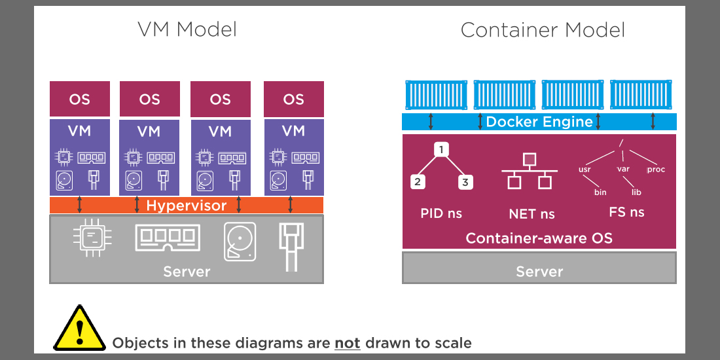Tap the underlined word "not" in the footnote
click(347, 343)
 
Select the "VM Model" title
click(187, 29)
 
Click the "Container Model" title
click(543, 30)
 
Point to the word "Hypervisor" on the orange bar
click(187, 206)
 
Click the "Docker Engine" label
click(539, 122)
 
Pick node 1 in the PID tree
click(442, 150)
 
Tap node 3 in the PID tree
click(465, 182)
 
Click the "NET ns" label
click(531, 213)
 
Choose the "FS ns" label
click(626, 212)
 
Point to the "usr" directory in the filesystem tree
click(585, 170)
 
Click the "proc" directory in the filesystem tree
click(655, 170)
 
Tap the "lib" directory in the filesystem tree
click(636, 192)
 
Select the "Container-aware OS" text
click(539, 238)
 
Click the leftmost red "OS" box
click(80, 99)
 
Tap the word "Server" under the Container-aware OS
click(539, 272)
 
